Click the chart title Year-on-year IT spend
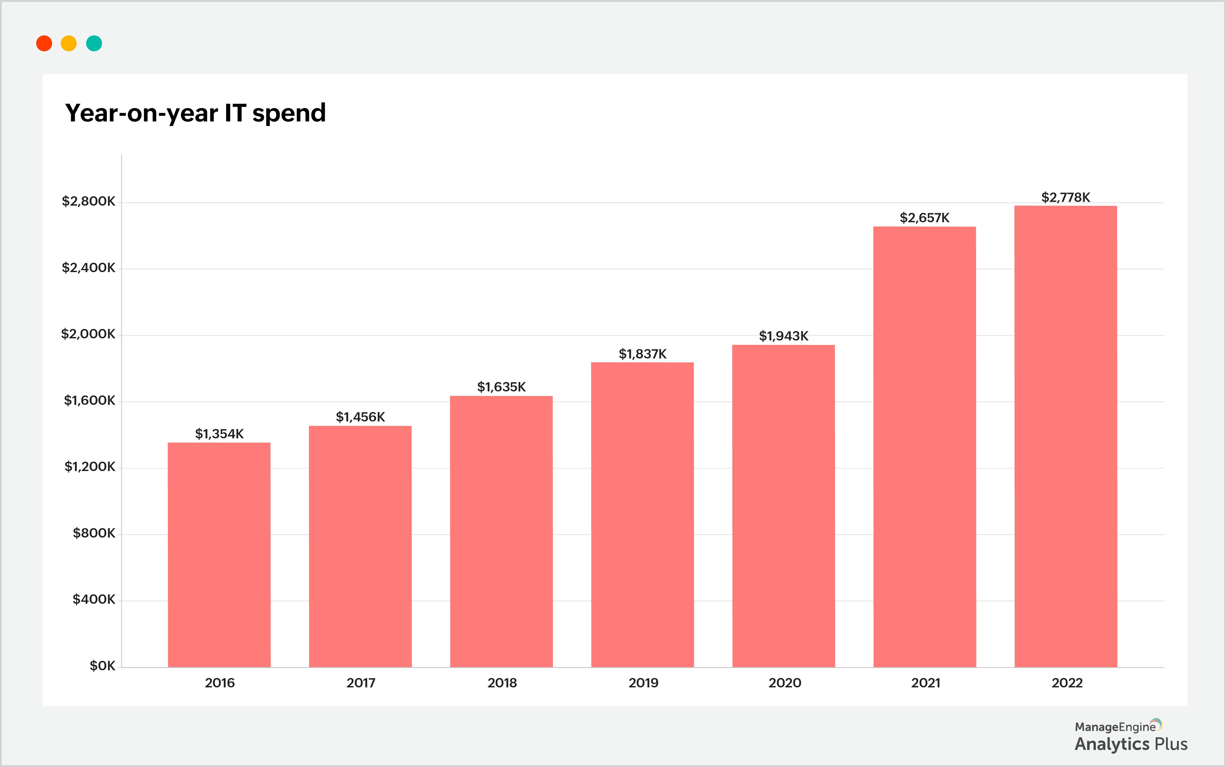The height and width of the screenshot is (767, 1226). (195, 113)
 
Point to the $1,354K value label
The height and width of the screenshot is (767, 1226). (219, 434)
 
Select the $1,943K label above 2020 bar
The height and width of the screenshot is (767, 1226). (783, 336)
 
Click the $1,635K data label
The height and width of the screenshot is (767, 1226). (501, 387)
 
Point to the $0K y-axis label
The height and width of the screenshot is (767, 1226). (102, 666)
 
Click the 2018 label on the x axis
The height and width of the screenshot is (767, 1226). (502, 683)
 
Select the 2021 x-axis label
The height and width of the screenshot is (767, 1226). (925, 683)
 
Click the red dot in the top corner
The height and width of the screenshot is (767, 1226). (44, 44)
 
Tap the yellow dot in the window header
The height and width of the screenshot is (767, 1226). (68, 44)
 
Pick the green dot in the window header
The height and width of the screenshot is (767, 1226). (94, 44)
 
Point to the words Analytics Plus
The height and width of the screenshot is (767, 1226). (1131, 744)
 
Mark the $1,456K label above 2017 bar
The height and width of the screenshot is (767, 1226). (360, 417)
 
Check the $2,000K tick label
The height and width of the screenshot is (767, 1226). (88, 334)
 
